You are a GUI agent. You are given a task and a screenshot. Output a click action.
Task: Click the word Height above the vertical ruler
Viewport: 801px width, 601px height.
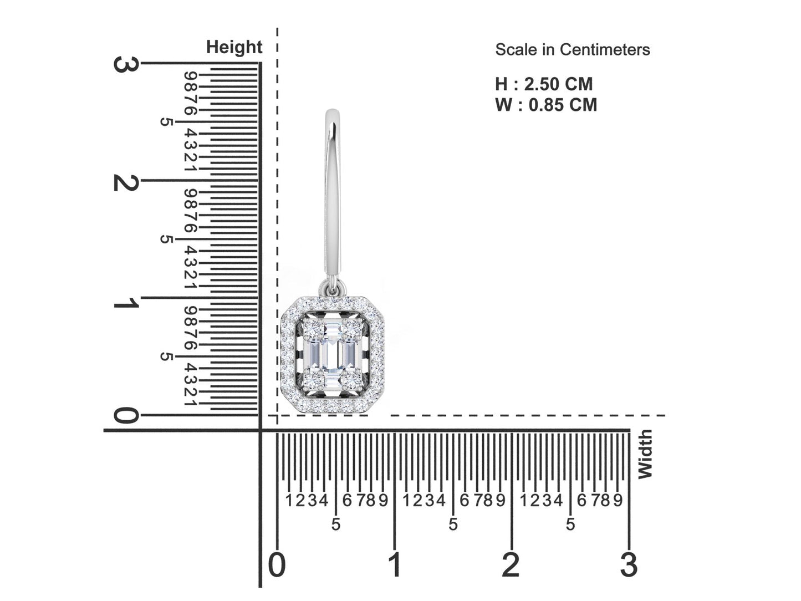(234, 48)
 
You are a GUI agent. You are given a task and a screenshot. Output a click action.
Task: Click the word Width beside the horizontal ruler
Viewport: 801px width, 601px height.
(645, 454)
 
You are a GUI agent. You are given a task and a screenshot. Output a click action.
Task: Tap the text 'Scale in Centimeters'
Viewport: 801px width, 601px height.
(572, 50)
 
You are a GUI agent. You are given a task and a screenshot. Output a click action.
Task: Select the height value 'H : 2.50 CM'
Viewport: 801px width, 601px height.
(544, 84)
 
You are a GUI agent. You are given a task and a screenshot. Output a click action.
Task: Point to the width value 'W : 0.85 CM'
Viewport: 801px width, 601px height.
(546, 105)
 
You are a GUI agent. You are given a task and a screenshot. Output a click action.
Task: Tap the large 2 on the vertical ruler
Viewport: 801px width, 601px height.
(126, 182)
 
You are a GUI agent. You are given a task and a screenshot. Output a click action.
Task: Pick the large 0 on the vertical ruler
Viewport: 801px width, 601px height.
(126, 416)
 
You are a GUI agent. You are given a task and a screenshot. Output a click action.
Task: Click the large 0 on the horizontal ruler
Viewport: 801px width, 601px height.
(277, 564)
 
